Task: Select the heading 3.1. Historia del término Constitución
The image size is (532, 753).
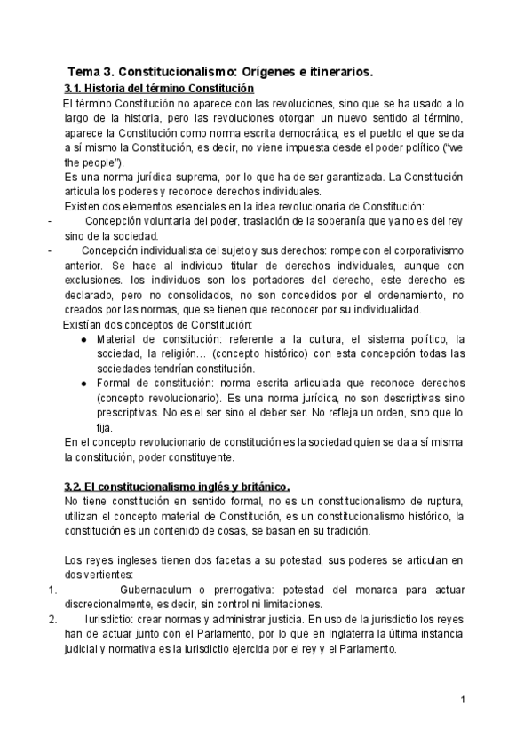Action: click(159, 89)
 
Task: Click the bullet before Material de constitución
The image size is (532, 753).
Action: click(83, 339)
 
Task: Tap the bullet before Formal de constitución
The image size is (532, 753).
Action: click(83, 383)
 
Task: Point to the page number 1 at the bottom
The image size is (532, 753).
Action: click(463, 701)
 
